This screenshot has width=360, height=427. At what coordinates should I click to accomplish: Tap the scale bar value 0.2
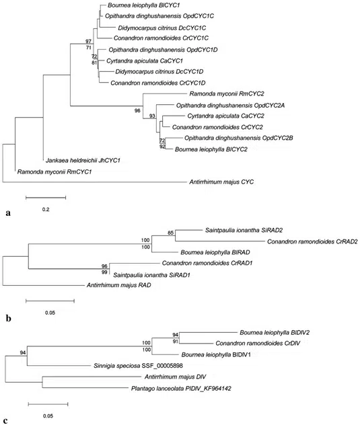coord(46,209)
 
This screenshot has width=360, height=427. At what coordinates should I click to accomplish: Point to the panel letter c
coord(7,421)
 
